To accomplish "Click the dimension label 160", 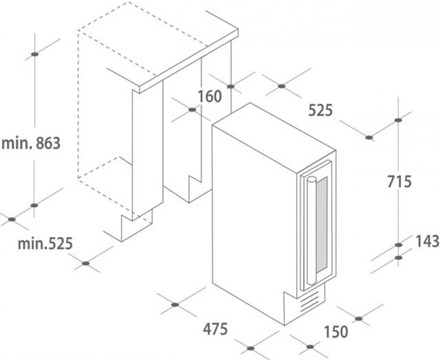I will tap(210, 96).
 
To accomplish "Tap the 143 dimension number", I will tap(427, 240).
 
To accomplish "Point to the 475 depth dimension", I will tap(215, 328).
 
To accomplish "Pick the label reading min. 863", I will tap(30, 143).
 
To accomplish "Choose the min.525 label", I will tap(44, 243).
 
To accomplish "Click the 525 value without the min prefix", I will tap(319, 110).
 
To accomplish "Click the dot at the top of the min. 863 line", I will tap(34, 55).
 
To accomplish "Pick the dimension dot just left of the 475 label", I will tap(175, 304).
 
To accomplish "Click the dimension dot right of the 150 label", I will tap(359, 317).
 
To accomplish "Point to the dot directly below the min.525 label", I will tap(86, 264).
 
